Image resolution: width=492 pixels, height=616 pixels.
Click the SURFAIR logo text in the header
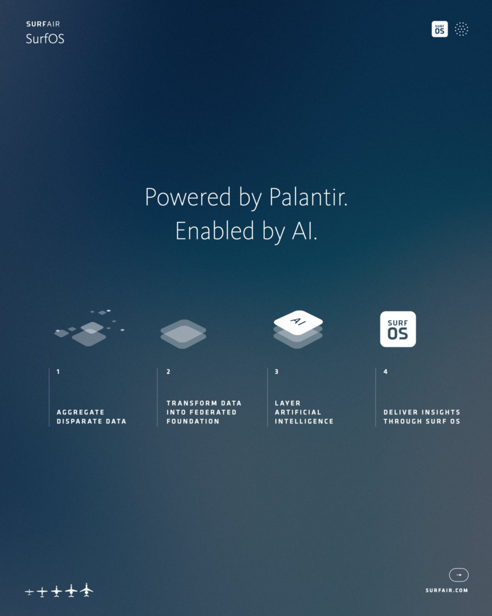(x=43, y=24)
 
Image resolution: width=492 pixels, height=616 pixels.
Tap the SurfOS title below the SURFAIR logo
(x=45, y=38)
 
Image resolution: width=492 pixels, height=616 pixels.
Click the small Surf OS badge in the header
(x=439, y=29)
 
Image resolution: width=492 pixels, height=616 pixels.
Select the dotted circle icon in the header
(x=461, y=29)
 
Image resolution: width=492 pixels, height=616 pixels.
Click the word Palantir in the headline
(x=308, y=197)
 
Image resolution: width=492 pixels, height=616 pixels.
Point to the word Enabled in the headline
(x=214, y=230)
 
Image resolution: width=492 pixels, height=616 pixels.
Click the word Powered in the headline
(x=188, y=197)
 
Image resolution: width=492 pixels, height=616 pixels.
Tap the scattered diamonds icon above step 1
(x=90, y=328)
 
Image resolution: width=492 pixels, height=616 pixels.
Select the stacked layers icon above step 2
(x=183, y=334)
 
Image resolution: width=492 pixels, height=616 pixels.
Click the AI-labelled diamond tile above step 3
(x=298, y=322)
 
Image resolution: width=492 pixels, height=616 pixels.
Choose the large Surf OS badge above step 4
(x=398, y=329)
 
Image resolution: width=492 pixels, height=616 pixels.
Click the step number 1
(x=58, y=372)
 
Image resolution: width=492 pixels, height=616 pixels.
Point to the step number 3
(x=276, y=372)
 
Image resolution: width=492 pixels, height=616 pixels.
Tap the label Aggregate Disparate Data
(x=91, y=417)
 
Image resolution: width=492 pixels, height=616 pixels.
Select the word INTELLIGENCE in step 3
(x=304, y=421)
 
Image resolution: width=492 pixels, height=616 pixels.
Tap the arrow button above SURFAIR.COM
(x=458, y=574)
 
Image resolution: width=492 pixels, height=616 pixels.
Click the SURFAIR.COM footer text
(x=447, y=590)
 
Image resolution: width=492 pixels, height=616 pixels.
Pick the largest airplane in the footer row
(x=87, y=590)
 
